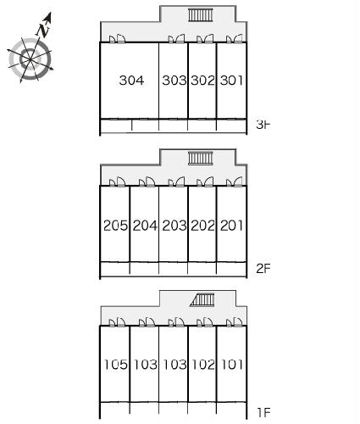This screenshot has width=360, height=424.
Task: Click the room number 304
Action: pos(131,81)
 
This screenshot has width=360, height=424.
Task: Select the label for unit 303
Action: pos(174,81)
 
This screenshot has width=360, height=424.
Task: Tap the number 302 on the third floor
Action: pos(202,81)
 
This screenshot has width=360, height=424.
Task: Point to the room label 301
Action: pos(231,81)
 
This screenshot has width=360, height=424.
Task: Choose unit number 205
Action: pos(115,226)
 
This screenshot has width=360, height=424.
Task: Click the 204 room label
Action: pos(145,226)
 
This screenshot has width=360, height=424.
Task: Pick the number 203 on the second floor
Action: pos(174,226)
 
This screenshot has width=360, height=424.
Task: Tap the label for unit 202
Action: pos(202,226)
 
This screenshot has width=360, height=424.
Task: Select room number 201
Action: pos(231,226)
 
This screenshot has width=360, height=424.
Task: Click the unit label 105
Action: pos(116,365)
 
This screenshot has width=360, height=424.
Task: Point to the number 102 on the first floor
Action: pos(203,365)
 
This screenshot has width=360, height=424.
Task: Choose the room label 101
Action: pos(232,365)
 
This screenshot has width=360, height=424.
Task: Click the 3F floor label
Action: pos(263,125)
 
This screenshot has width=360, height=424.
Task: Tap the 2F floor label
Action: pos(263,269)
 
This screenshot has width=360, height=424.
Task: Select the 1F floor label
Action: pos(264,413)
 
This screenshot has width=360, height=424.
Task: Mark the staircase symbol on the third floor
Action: pos(201,15)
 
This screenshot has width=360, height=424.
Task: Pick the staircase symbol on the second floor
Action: pos(201,159)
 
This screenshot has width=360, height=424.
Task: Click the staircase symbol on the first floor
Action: pos(202,300)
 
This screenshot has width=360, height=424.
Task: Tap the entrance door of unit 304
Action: pos(118,39)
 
